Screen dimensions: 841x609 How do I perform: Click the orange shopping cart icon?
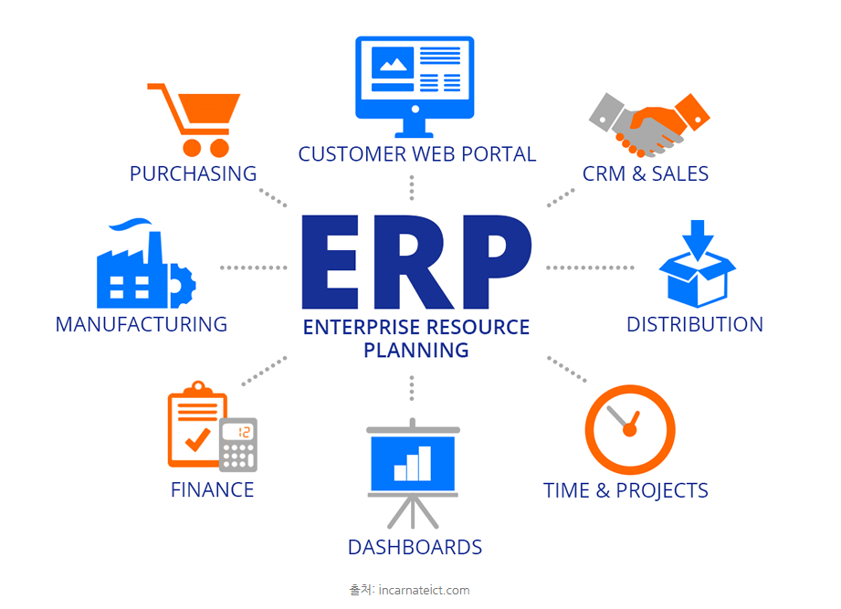(194, 119)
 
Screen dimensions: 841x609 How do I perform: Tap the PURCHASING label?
(193, 173)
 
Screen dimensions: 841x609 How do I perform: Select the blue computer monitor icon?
(415, 79)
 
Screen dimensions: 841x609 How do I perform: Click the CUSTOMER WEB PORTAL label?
(417, 154)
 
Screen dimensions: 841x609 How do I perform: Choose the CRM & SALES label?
(646, 173)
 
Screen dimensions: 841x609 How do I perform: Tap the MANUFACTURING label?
(142, 324)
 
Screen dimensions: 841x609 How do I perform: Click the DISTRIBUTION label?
(695, 324)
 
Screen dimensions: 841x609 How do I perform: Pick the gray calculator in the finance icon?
(238, 444)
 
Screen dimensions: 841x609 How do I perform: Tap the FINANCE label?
(213, 490)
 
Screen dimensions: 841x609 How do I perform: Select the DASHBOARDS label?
(415, 548)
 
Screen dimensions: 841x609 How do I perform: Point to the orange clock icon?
(629, 429)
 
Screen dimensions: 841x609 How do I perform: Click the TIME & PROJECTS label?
(626, 490)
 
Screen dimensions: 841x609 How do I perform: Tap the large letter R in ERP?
(415, 264)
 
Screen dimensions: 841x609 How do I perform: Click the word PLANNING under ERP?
(416, 350)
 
